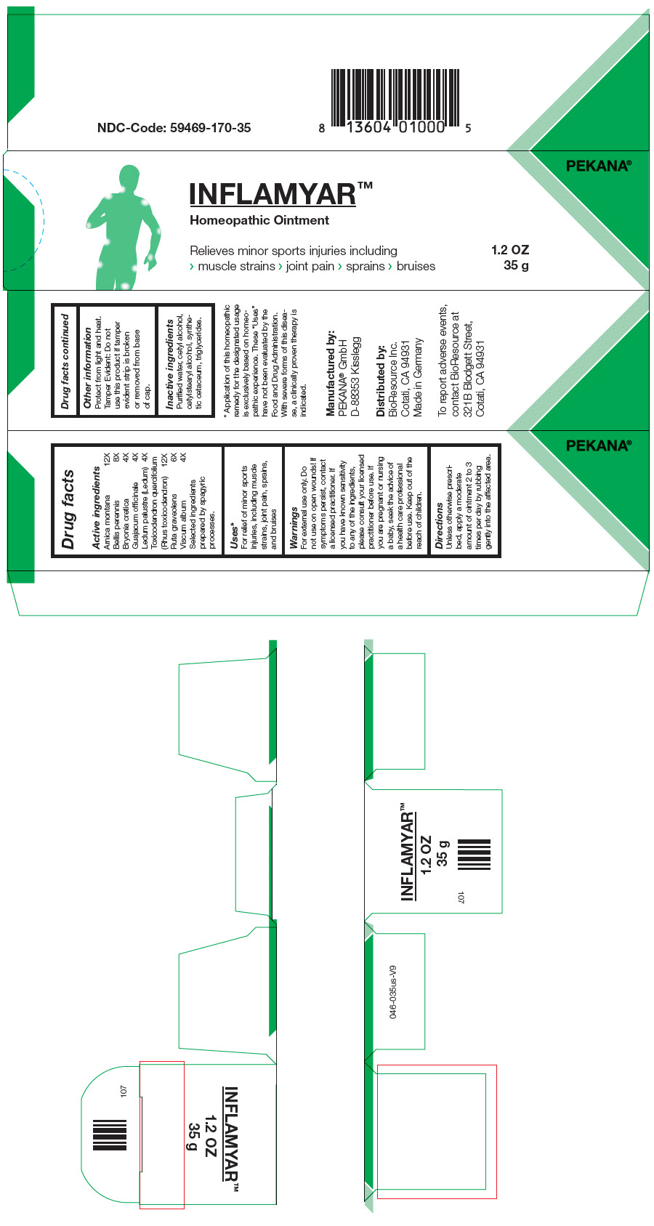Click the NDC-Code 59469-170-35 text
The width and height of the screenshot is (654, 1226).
click(174, 128)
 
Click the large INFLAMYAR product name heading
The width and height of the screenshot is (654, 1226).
click(272, 194)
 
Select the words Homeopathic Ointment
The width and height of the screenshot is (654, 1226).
click(259, 220)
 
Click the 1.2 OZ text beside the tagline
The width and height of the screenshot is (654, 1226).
click(509, 250)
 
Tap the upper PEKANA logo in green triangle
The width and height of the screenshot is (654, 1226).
click(598, 166)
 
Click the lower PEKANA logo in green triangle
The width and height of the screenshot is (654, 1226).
click(598, 445)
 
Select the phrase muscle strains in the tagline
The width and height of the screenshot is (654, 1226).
click(236, 267)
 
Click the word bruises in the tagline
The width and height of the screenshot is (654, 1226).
click(416, 267)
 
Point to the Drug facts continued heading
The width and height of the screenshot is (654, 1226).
click(65, 361)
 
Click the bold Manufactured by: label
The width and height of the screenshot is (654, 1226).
click(331, 373)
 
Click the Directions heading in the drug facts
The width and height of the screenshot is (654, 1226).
click(440, 523)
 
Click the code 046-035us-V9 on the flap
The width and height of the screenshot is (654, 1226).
click(393, 991)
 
